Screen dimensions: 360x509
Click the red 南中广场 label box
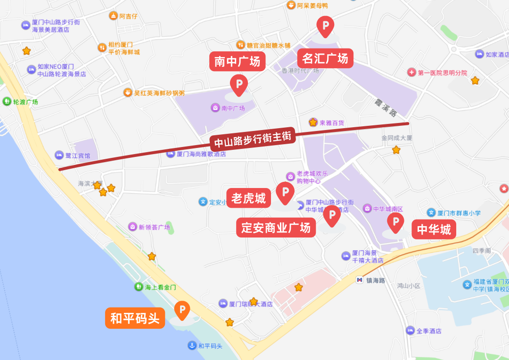tap(237, 61)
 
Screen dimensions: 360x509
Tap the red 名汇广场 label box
tap(325, 58)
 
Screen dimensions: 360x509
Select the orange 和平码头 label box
tap(135, 318)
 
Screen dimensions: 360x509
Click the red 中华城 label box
tap(434, 229)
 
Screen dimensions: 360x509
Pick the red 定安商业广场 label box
tap(276, 228)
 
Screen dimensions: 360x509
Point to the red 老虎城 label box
tap(248, 198)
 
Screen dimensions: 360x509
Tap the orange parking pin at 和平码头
tap(182, 310)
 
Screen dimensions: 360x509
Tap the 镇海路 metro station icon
tap(360, 280)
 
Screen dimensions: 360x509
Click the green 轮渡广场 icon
tap(7, 101)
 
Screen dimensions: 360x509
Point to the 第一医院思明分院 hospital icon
tap(411, 73)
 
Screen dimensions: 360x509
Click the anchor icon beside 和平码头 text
tap(192, 346)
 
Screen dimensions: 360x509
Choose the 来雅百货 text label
tap(332, 123)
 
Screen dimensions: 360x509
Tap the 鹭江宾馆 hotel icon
tap(59, 155)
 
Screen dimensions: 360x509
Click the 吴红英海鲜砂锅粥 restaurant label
tap(159, 93)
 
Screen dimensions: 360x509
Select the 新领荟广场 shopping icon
tap(133, 227)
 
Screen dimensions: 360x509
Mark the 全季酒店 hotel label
tap(429, 331)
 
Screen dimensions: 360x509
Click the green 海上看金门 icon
tap(138, 286)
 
